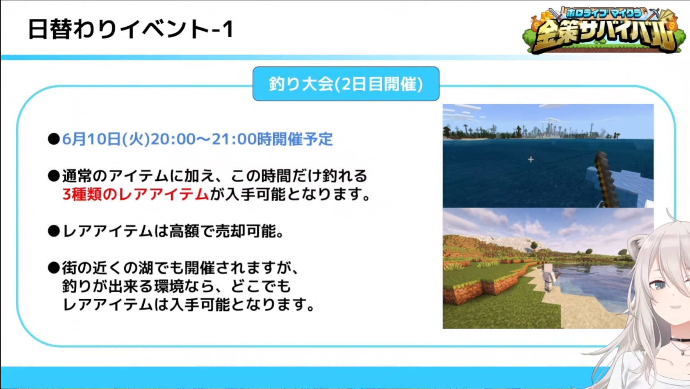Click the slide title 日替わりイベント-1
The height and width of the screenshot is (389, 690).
(x=131, y=29)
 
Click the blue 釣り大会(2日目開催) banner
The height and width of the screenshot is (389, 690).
(x=346, y=84)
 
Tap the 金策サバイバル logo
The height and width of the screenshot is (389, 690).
(x=604, y=30)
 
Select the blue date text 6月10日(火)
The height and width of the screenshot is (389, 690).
(x=106, y=139)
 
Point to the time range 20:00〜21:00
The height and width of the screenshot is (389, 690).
(x=204, y=139)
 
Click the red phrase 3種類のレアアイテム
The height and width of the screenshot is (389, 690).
(x=136, y=194)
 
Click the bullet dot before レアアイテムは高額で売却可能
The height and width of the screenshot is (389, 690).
(x=54, y=231)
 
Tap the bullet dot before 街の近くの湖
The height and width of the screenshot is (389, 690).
(x=54, y=268)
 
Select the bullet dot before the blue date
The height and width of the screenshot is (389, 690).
(x=54, y=139)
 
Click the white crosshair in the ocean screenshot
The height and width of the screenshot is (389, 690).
(x=531, y=159)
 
